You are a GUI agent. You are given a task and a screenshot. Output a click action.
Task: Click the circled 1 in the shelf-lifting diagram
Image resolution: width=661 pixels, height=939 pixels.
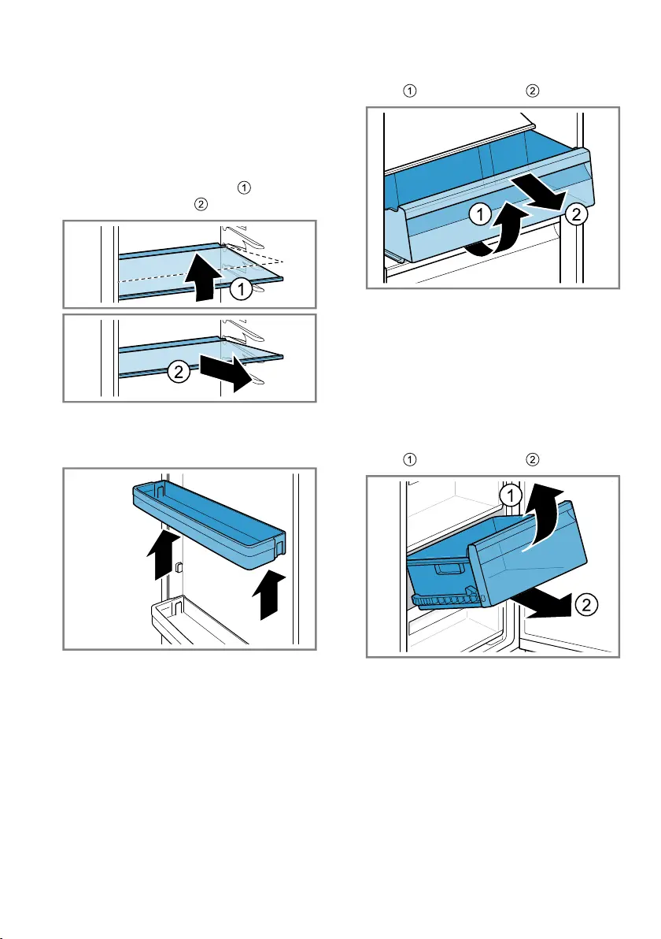click(x=241, y=290)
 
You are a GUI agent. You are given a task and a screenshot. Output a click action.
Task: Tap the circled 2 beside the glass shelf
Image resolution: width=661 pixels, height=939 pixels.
click(x=179, y=372)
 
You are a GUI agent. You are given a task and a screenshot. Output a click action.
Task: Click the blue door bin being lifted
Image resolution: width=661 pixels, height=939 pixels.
click(x=209, y=525)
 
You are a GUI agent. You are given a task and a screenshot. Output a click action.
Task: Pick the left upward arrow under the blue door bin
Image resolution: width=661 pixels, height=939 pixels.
click(x=164, y=554)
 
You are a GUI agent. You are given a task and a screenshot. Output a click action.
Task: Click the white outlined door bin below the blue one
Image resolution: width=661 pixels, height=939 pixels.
click(x=198, y=622)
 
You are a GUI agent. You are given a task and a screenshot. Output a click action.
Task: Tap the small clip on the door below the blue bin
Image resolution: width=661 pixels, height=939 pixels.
click(x=179, y=566)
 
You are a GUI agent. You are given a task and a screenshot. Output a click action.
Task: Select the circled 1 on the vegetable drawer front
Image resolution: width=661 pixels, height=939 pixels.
click(x=480, y=213)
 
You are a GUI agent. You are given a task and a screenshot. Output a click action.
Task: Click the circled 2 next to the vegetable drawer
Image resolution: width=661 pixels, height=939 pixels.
click(x=577, y=213)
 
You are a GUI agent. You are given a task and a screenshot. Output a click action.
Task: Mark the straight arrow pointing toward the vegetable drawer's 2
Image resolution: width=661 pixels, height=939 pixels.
click(x=540, y=193)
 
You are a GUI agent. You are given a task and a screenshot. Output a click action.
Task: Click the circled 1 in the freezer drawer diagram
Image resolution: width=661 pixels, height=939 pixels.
click(x=510, y=495)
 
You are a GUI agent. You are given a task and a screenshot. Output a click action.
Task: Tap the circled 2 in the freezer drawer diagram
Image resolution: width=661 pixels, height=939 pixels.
click(x=586, y=604)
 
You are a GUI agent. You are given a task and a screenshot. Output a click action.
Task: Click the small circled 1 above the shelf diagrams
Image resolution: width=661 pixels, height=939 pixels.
click(x=244, y=187)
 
